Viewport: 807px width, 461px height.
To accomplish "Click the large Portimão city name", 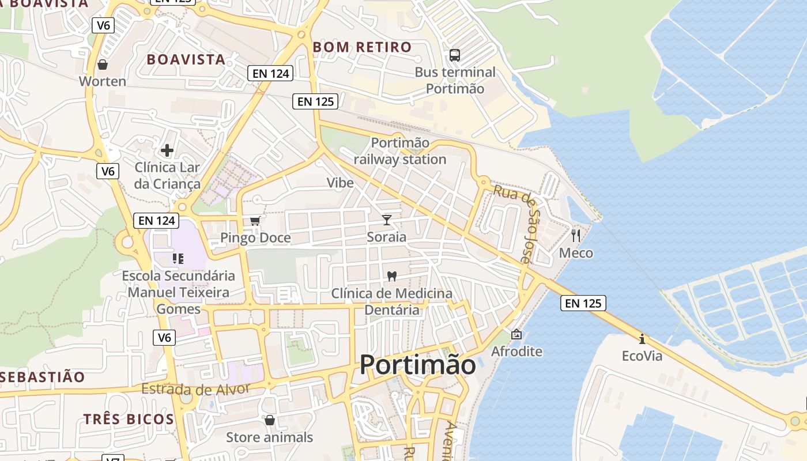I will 418,365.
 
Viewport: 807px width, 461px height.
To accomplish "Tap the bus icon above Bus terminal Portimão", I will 455,55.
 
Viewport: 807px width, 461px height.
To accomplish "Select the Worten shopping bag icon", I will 103,64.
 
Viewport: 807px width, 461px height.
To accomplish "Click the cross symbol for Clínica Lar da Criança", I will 167,150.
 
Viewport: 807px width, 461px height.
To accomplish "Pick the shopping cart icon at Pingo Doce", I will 255,221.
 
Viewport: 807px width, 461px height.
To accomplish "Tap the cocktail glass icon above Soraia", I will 386,220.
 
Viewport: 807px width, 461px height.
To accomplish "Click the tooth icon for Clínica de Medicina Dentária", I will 392,276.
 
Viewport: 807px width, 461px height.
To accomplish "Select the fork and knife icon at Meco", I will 575,235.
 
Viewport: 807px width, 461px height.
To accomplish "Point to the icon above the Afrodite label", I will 516,334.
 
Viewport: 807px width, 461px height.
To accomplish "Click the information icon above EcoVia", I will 642,338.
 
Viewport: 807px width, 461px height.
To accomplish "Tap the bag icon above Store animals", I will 269,420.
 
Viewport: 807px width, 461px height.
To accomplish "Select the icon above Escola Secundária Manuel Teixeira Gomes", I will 178,259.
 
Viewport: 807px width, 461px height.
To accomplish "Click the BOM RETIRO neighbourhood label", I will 362,47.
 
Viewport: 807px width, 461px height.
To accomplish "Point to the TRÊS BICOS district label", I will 129,419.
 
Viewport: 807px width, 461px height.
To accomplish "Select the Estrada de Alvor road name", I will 195,389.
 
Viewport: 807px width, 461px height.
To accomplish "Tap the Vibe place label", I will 340,183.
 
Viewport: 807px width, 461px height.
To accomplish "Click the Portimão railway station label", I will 400,151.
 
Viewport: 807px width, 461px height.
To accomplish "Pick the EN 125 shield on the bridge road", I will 583,303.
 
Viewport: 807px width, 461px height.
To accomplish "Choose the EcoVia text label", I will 642,356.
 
